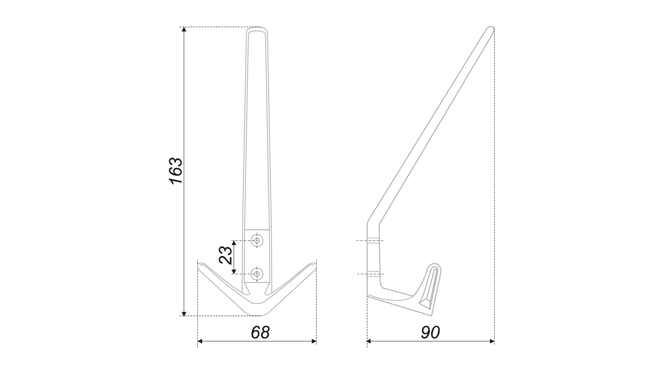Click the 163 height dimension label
(176, 171)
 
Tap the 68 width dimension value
(260, 333)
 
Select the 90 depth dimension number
(430, 333)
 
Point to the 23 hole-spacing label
(225, 255)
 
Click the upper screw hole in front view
(258, 241)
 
